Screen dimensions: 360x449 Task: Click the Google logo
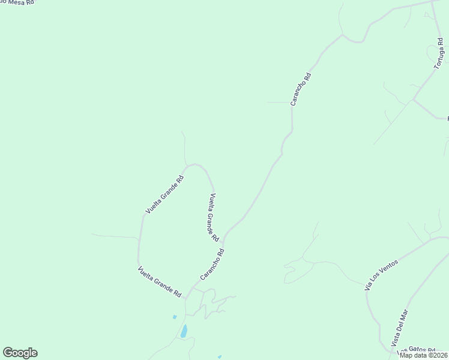click(x=20, y=353)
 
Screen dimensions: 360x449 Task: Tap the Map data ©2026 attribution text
click(x=423, y=355)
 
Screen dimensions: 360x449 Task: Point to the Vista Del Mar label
click(x=400, y=327)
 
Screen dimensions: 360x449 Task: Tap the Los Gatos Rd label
click(x=418, y=350)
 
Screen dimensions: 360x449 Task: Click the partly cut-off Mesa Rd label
click(x=18, y=2)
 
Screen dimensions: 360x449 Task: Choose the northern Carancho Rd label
click(x=301, y=89)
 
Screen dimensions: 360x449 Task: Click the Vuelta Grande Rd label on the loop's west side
click(x=164, y=195)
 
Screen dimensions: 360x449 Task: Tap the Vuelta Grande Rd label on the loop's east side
click(x=214, y=217)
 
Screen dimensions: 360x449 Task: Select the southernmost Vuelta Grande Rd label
click(x=160, y=282)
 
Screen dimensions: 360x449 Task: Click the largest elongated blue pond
click(x=184, y=331)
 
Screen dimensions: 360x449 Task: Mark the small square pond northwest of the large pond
click(x=175, y=317)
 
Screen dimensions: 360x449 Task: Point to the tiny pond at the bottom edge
click(x=220, y=357)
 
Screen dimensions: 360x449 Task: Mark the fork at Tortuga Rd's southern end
click(x=413, y=100)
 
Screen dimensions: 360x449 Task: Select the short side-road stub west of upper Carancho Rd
click(x=279, y=102)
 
